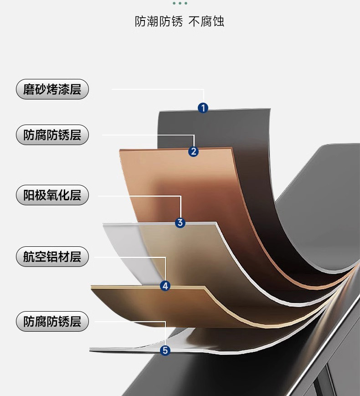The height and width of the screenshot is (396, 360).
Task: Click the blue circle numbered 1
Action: tap(203, 108)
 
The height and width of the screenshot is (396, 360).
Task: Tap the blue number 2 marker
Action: tap(194, 151)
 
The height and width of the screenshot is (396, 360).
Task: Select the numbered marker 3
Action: tap(180, 223)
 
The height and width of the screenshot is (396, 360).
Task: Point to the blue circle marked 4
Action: tap(165, 286)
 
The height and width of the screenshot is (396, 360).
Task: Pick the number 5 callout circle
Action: tap(165, 350)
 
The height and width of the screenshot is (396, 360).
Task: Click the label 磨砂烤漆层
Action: tap(52, 89)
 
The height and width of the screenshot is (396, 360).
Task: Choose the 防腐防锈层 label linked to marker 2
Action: tap(52, 135)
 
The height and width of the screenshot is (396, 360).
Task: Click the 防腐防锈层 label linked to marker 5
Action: tap(52, 321)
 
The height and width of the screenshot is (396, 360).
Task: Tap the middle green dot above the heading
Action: tap(180, 3)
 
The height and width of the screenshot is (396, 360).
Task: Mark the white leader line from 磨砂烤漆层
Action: tap(155, 89)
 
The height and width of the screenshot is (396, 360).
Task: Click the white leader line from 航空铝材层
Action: tap(128, 257)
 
